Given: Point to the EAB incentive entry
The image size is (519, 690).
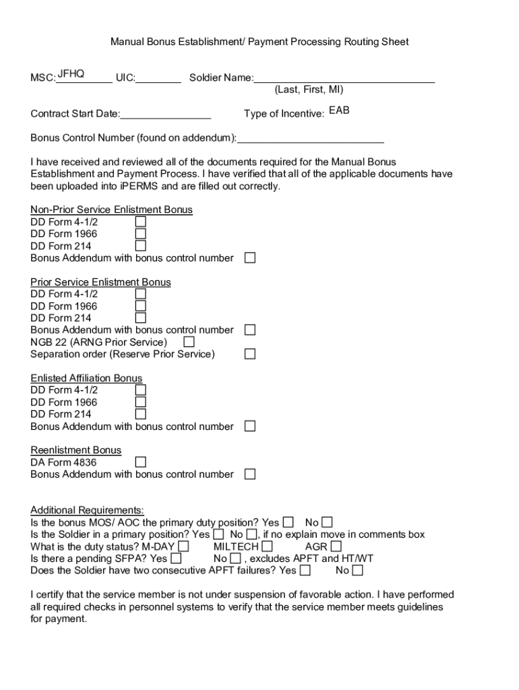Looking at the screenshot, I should coord(339,110).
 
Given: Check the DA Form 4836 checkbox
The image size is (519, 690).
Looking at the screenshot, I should coord(141,462).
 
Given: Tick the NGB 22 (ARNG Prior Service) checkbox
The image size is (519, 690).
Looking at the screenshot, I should coord(189,342).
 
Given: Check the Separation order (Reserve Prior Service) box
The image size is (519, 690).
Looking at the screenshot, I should coord(250,354).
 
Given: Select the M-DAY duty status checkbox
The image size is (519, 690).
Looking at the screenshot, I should coord(183,546).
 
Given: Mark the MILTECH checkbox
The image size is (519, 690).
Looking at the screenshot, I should coord(268,546).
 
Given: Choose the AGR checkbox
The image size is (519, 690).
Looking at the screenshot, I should coord(336,546).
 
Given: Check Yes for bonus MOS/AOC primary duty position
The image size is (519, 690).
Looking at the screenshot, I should coord(288,522).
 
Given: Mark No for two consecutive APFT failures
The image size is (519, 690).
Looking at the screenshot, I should coord(357,571).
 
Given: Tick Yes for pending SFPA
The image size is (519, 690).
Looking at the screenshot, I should coord(176,559).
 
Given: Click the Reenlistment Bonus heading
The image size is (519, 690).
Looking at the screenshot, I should coord(76,450).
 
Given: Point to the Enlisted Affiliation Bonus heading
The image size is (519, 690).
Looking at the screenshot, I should coord(86,378).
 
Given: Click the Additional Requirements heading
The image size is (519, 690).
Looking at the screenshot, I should coord(87,510).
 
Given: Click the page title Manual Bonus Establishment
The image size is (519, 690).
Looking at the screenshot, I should coord(259,42).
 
